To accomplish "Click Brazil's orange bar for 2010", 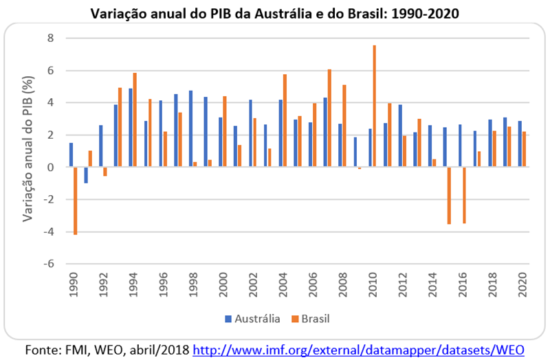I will [374, 106].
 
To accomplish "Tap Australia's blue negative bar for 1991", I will [86, 175].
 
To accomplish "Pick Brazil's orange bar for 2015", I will [449, 195].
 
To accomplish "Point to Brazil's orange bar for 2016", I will [464, 195].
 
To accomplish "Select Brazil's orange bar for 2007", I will [329, 118].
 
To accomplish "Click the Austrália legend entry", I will [253, 319].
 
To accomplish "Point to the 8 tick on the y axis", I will [49, 38].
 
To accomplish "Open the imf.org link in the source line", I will [358, 350].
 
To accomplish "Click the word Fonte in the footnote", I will [43, 350].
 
